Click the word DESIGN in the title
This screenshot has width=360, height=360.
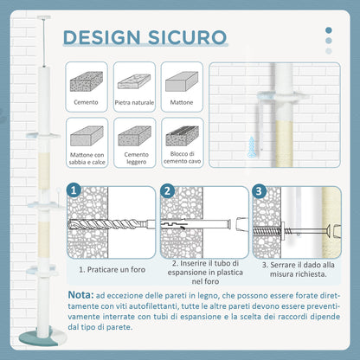click(x=101, y=37)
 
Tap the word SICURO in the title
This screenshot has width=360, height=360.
click(x=188, y=37)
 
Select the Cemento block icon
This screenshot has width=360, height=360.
click(x=87, y=81)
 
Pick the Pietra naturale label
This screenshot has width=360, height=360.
click(x=134, y=102)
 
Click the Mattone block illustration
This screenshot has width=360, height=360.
click(x=182, y=81)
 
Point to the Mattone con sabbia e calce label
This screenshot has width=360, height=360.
click(x=87, y=158)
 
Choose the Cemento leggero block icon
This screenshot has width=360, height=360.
click(x=135, y=136)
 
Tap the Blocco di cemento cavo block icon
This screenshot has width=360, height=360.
click(x=183, y=136)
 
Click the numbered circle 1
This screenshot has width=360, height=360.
click(x=74, y=190)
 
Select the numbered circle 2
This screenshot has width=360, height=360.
click(x=168, y=190)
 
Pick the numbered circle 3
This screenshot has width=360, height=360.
click(x=259, y=190)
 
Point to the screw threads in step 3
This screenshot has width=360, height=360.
click(x=267, y=231)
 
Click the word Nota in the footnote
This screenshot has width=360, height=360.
click(x=80, y=295)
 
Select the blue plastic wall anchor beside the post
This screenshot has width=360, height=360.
click(x=252, y=147)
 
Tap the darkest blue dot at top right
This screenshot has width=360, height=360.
click(x=329, y=30)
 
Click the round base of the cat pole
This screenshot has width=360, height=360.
click(x=42, y=336)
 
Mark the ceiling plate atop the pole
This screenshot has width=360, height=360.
click(x=44, y=17)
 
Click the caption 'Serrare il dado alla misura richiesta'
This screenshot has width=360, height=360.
click(x=299, y=269)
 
